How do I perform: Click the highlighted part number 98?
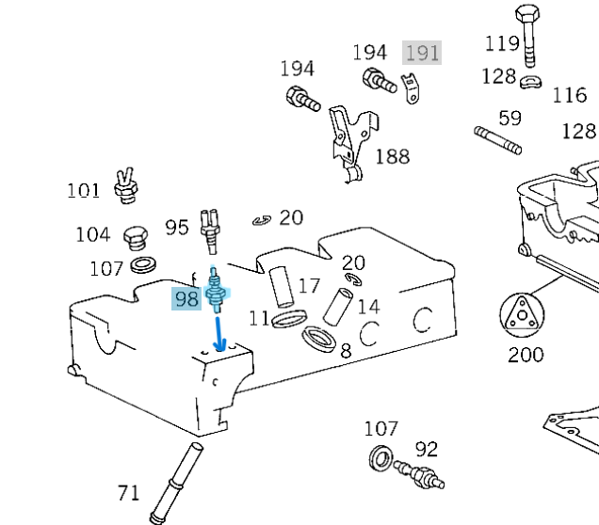pos(186,299)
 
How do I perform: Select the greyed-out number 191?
pos(422,53)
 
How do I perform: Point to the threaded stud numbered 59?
pos(497,139)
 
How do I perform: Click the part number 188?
pos(393,155)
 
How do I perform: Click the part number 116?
pos(569,95)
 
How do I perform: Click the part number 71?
pos(128,492)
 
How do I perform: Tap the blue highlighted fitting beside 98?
pos(218,290)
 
